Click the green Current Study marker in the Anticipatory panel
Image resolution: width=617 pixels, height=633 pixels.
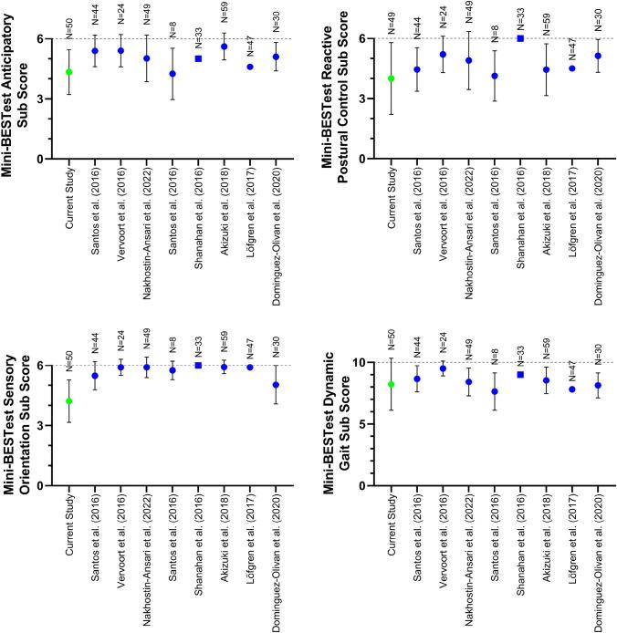click(x=68, y=72)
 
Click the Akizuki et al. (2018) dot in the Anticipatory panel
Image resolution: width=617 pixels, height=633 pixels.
click(x=225, y=47)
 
